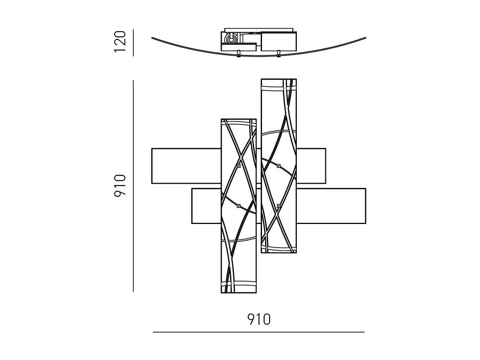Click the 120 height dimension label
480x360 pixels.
120,41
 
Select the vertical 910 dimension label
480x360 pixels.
120,186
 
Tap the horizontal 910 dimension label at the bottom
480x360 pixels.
259,319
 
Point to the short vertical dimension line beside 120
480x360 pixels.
133,42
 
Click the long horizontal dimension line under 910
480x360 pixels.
259,332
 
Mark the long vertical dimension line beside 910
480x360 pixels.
133,186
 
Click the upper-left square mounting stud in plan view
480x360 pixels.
239,166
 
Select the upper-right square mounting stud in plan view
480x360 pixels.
278,166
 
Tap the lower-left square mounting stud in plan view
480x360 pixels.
239,206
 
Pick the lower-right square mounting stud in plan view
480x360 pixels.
278,206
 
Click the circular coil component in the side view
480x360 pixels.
230,39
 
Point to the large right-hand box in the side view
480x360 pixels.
278,41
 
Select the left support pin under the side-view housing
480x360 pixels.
238,54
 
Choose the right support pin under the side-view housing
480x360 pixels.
278,54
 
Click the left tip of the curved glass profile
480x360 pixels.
152,38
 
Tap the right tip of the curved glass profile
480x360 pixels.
365,38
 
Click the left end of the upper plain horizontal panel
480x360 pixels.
152,166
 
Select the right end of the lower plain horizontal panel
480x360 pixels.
365,206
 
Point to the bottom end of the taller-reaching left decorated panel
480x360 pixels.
239,292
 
